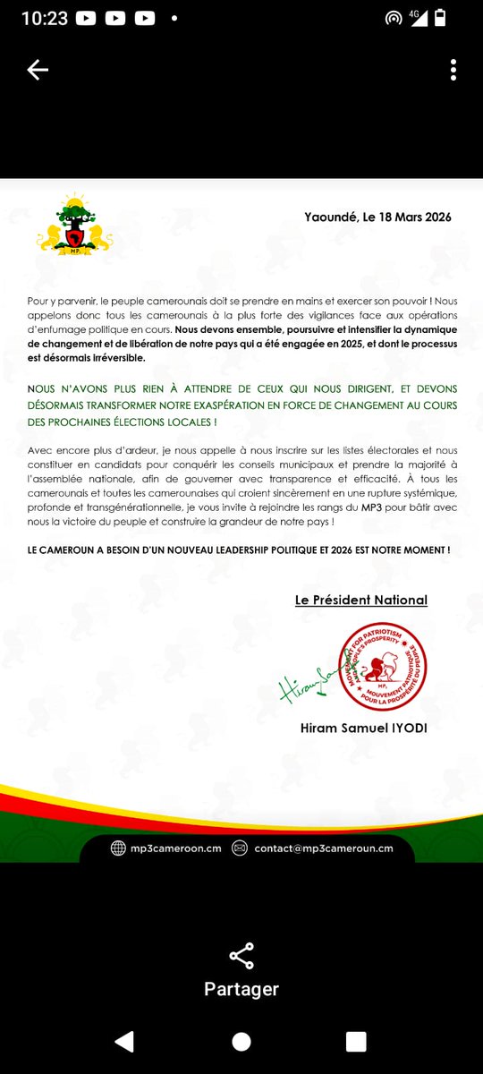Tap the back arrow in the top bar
click(38, 72)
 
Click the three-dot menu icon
click(454, 71)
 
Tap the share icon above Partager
click(241, 956)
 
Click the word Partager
click(241, 989)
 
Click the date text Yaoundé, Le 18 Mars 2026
click(377, 217)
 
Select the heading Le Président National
click(361, 600)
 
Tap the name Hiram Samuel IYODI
click(364, 728)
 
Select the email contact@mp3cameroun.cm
click(323, 848)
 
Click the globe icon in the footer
click(118, 848)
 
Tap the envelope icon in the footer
click(239, 848)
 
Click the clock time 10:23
click(44, 18)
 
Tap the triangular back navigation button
click(124, 1041)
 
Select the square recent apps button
click(356, 1041)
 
